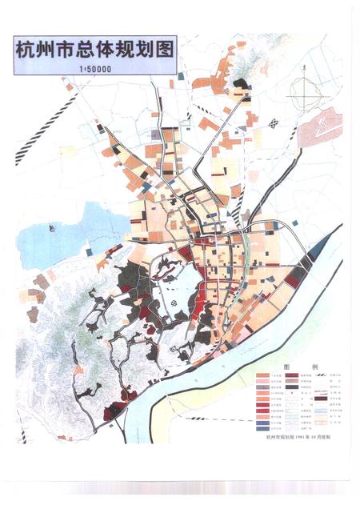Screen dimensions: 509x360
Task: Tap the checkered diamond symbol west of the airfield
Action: [276, 123]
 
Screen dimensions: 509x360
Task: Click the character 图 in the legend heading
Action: [278, 363]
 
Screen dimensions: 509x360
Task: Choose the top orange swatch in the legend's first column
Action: [262, 374]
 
